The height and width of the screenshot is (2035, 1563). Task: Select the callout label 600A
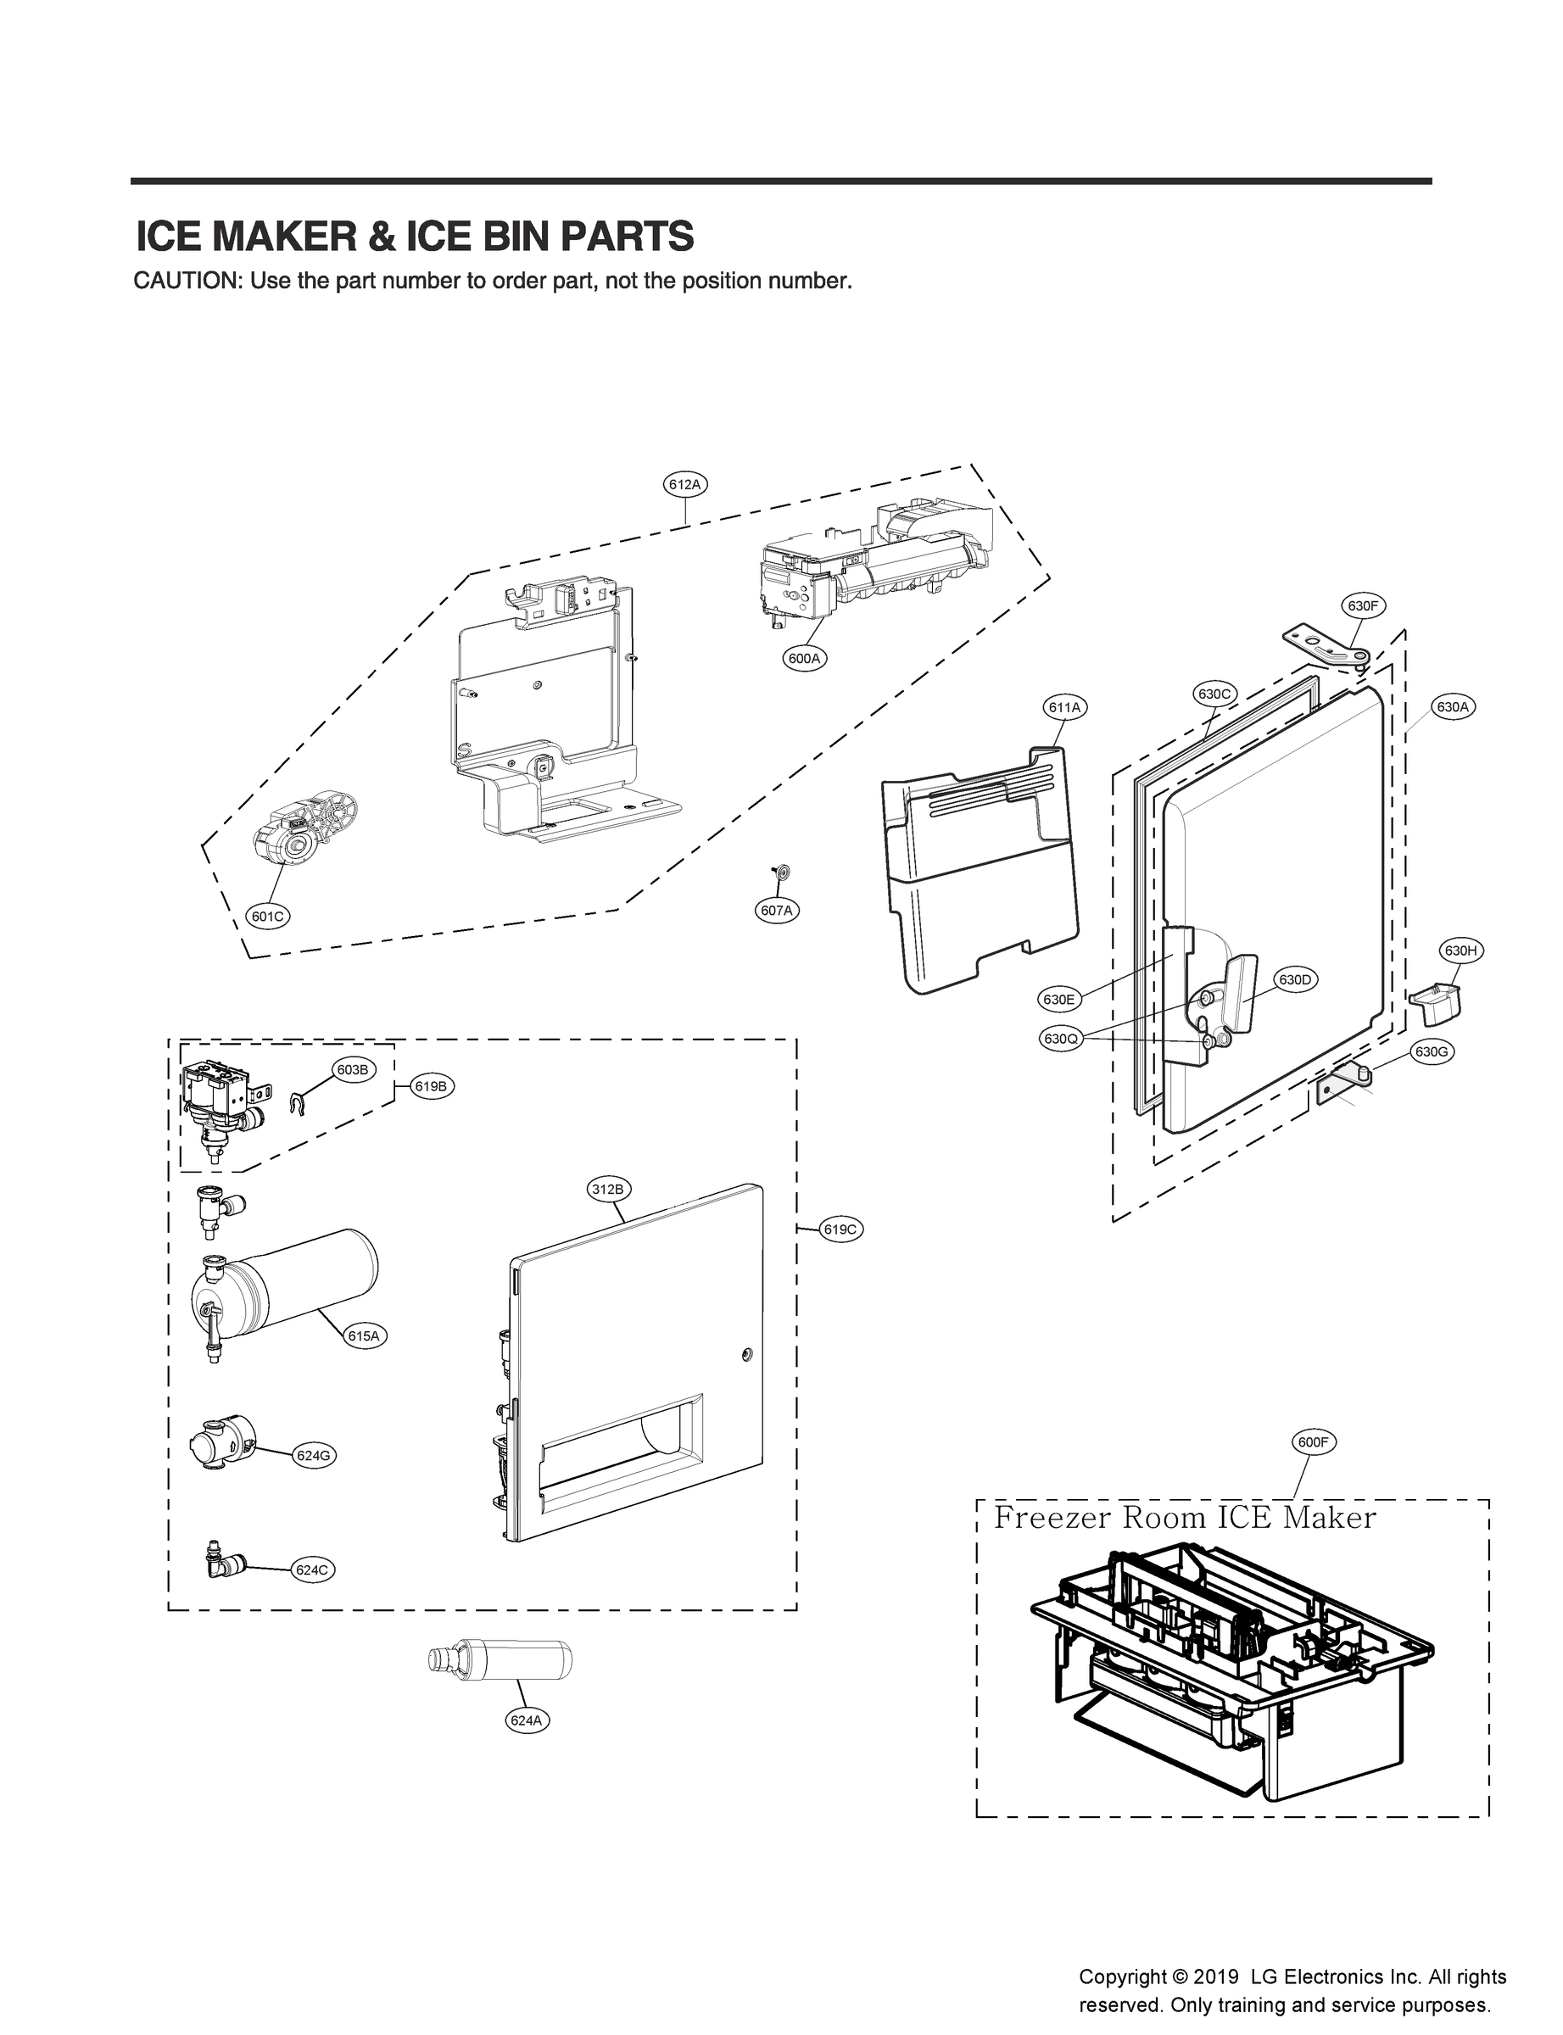tap(804, 659)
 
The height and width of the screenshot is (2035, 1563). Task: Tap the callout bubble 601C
tap(268, 916)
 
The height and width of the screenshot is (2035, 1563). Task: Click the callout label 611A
tap(1064, 708)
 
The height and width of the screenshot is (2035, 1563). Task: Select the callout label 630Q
tap(1061, 1039)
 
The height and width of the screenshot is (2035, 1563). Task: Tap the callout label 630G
tap(1431, 1052)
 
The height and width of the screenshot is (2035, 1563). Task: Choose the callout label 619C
tap(841, 1229)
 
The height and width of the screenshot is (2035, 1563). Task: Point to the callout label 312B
tap(610, 1189)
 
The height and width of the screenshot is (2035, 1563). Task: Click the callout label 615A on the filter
tap(364, 1335)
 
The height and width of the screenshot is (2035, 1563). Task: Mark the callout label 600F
tap(1313, 1442)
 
